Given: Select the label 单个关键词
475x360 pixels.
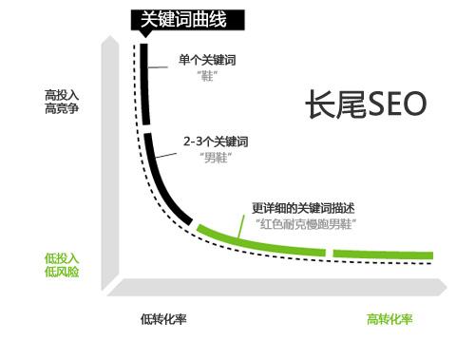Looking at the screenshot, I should pos(207,60).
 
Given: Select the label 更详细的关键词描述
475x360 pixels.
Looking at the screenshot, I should pos(301,208).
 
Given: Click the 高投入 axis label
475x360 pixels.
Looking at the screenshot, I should pos(63,95).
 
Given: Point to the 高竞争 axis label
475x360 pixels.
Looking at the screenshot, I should pos(63,109).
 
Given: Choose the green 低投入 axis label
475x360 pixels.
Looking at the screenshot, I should pos(63,258).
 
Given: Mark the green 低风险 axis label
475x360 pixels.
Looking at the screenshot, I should pos(63,273).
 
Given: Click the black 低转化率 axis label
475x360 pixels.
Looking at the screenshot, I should pos(163,319).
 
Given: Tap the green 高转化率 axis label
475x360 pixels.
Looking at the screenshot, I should pos(389,319).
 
